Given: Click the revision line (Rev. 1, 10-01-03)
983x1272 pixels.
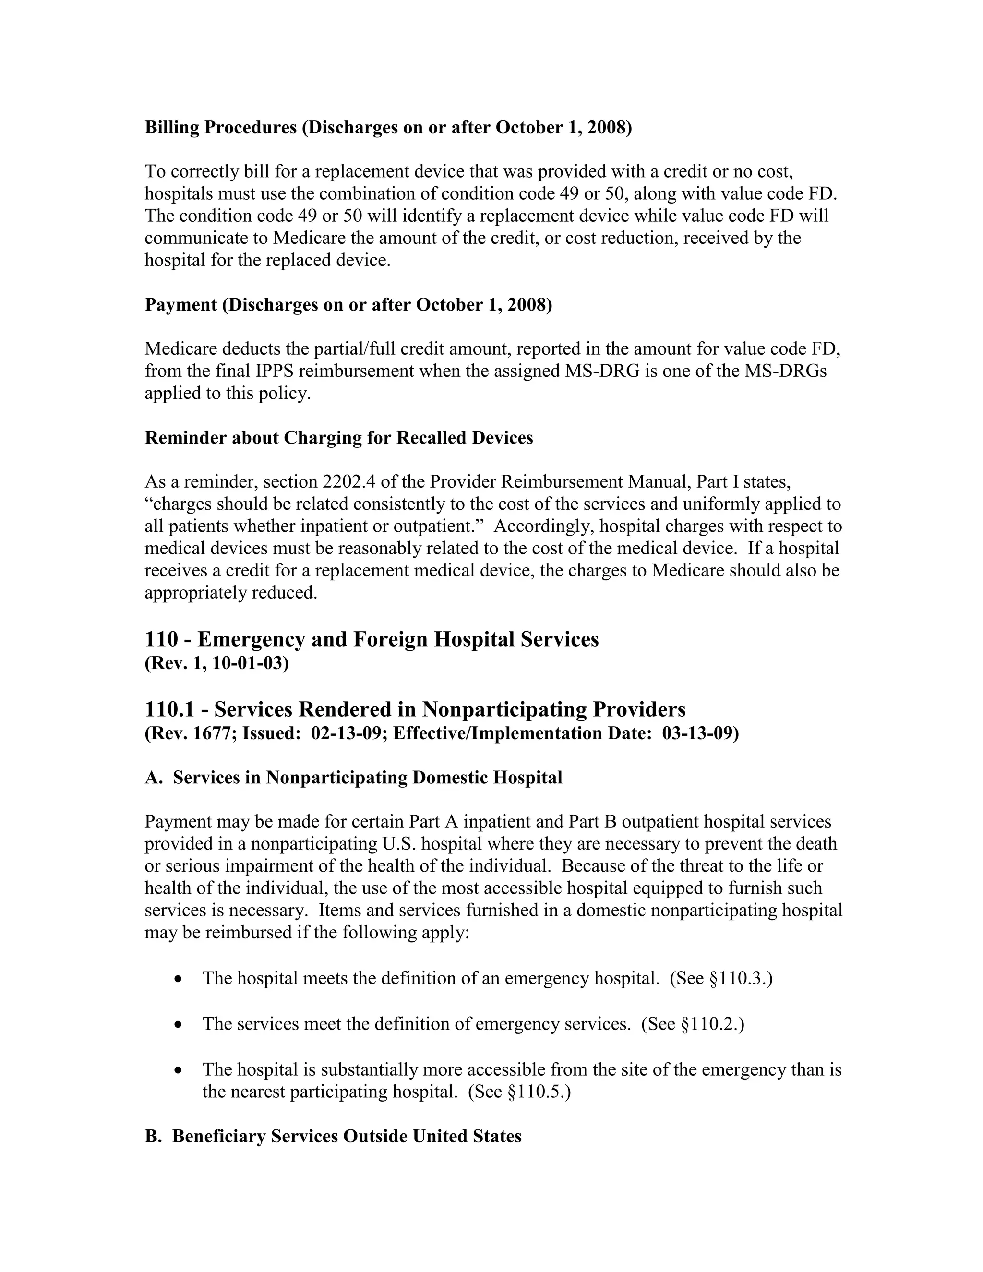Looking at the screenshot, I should pos(216,663).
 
